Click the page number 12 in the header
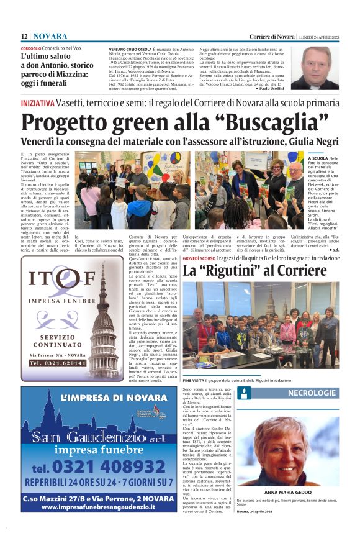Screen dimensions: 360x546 (x=24, y=36)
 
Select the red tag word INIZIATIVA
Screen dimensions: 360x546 (x=37, y=102)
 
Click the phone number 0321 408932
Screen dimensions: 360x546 (x=107, y=466)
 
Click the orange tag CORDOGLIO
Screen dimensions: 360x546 (x=30, y=47)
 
